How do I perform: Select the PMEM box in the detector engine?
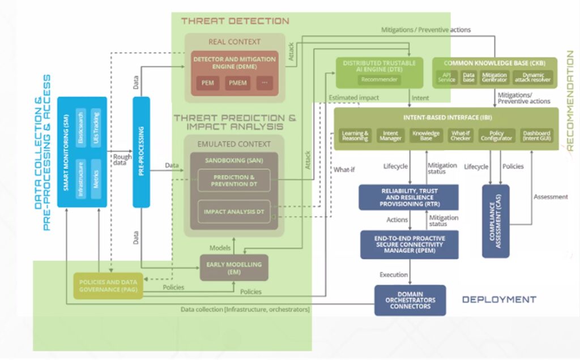pos(235,83)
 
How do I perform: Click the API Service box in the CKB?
pos(447,77)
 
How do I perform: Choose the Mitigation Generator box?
pos(494,77)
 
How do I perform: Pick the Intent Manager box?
pos(391,136)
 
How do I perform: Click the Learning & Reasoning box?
pos(355,136)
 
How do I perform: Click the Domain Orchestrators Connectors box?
pos(410,300)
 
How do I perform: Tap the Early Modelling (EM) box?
pos(234,267)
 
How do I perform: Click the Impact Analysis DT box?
pos(234,211)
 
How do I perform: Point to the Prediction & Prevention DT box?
pos(234,181)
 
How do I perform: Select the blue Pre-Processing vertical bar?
pos(141,152)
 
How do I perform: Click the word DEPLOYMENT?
pos(498,299)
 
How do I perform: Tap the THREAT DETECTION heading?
pos(234,22)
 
